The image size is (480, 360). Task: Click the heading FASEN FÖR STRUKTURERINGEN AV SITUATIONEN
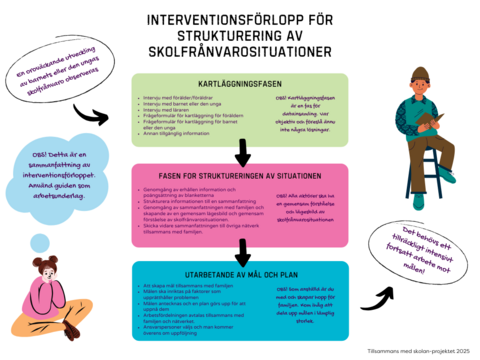coord(240,174)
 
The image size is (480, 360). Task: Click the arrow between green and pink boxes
coord(241,153)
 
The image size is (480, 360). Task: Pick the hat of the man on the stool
coord(421,73)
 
